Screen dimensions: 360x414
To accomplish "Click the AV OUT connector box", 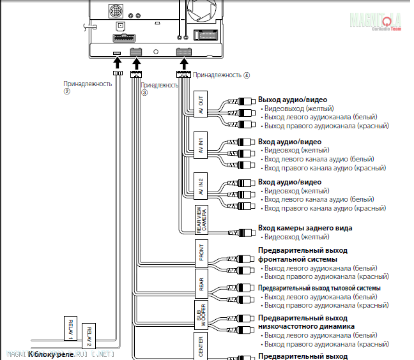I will coord(201,103).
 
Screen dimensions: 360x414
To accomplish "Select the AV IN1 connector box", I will coord(201,144).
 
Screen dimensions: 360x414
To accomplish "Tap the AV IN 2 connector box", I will coord(201,186).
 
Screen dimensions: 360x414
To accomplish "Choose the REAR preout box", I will coord(201,283).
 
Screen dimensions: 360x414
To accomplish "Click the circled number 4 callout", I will coord(247,75).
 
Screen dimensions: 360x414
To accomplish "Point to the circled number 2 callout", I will coord(66,92).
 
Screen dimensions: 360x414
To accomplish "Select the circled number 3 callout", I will coord(144,93).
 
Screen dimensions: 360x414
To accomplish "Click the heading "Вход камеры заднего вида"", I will coord(305,228).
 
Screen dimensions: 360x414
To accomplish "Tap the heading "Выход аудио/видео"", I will coord(293,100).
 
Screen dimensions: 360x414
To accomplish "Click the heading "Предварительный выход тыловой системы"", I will coord(319,288).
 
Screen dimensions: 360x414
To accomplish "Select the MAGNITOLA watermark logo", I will coord(379,21).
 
